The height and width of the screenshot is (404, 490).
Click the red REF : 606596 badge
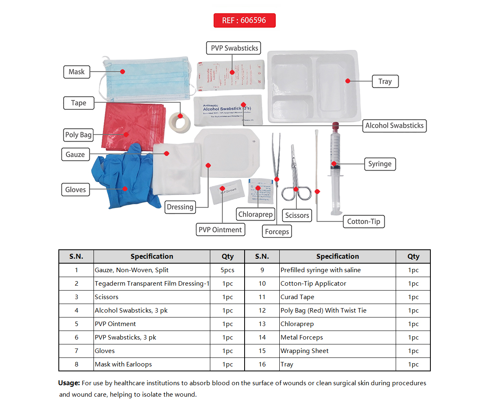click(244, 20)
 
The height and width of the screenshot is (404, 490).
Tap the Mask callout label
click(76, 72)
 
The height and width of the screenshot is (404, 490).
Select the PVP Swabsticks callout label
click(234, 48)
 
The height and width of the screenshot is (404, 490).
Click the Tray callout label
click(385, 81)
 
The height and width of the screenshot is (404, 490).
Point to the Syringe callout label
click(379, 164)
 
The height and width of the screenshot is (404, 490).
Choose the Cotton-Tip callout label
click(363, 222)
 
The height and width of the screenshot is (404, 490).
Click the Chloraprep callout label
click(255, 214)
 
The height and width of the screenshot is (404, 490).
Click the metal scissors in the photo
click(295, 180)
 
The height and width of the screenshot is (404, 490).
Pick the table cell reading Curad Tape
click(297, 297)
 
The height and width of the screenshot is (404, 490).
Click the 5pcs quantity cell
click(227, 270)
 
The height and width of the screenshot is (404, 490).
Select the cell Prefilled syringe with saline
click(321, 270)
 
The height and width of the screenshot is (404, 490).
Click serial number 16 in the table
click(262, 364)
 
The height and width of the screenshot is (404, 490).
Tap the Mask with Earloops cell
click(123, 364)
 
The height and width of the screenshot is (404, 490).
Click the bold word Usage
click(69, 383)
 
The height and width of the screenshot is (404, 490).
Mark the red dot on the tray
click(348, 81)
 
